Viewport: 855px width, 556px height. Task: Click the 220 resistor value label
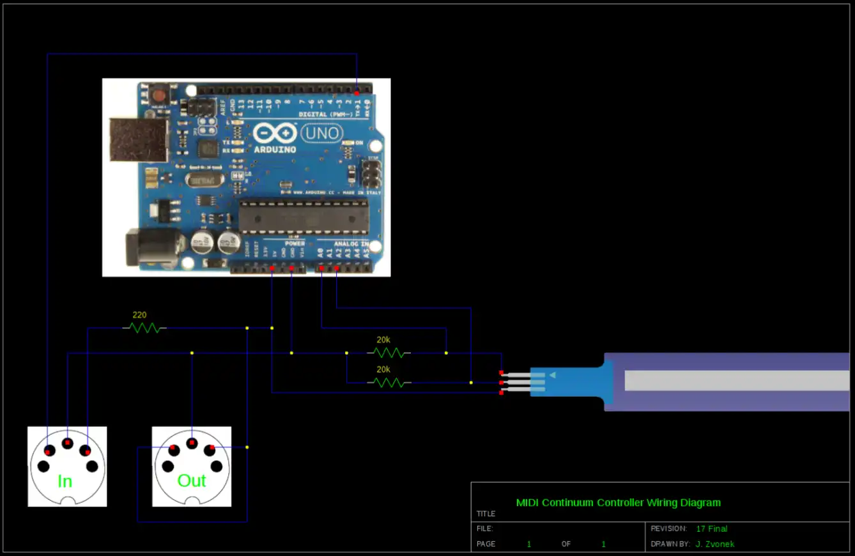[139, 314]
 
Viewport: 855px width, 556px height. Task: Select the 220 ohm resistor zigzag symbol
[144, 328]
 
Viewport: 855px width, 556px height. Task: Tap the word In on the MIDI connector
[65, 481]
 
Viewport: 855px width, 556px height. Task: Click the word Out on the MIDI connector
[192, 481]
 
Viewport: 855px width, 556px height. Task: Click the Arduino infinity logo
[275, 133]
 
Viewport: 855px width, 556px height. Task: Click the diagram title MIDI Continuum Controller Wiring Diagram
[618, 502]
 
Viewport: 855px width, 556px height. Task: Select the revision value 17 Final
[712, 529]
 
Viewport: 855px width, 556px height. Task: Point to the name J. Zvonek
[715, 544]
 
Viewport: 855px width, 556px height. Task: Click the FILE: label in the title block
[485, 529]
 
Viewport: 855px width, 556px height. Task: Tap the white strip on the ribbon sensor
[735, 380]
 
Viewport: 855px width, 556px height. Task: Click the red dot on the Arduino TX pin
[357, 93]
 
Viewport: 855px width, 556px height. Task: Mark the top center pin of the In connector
[67, 443]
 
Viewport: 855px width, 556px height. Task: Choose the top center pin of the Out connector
[191, 443]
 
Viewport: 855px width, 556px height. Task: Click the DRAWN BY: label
[670, 544]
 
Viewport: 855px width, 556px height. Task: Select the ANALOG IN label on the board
[351, 243]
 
